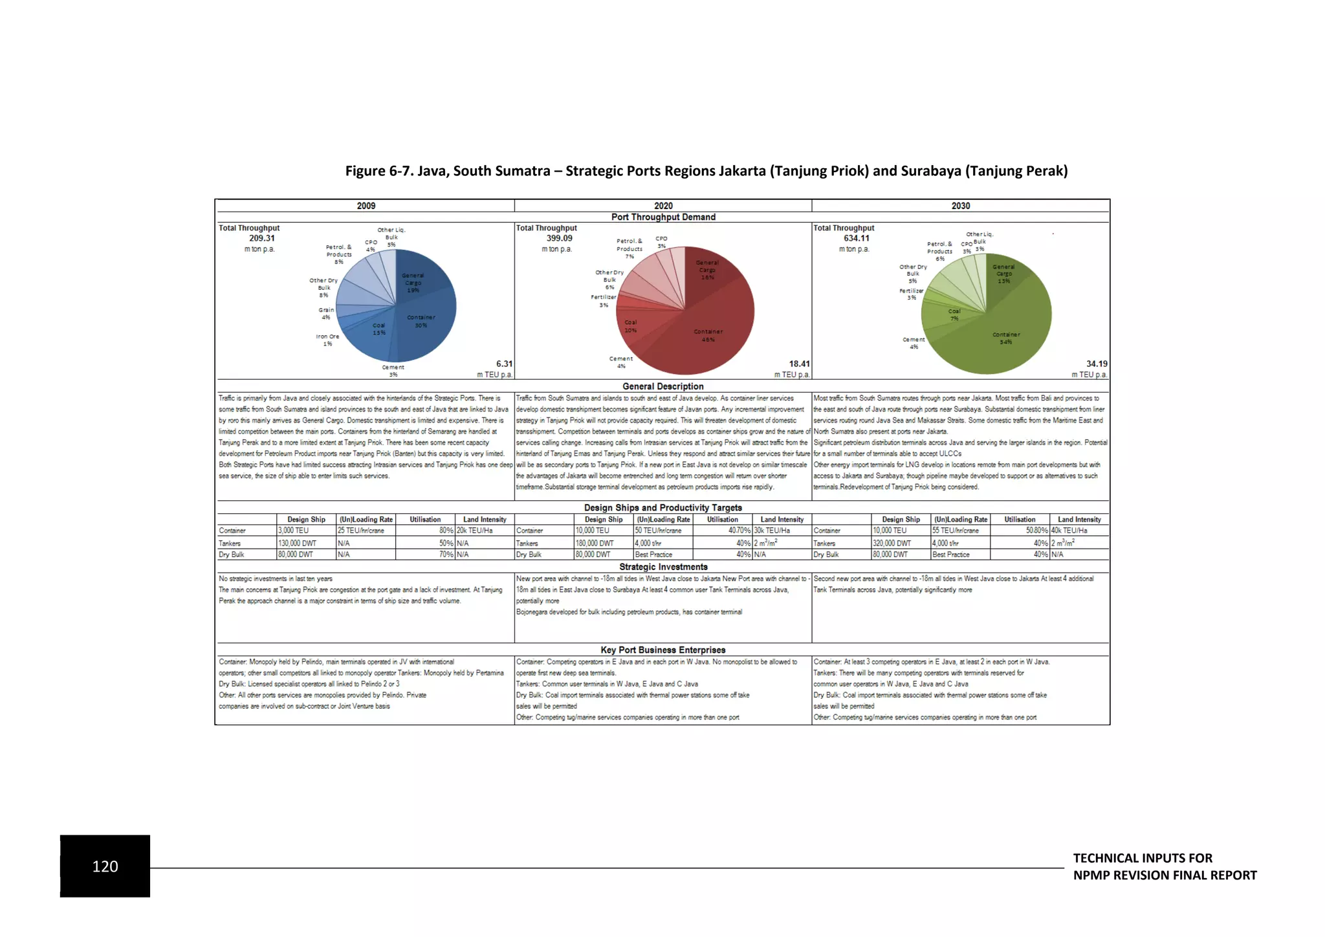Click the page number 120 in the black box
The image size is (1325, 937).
coord(105,866)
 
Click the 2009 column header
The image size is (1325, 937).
coord(366,206)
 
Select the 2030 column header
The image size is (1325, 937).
coord(960,206)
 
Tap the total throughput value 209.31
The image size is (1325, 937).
coord(261,238)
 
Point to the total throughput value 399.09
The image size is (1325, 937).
coord(559,238)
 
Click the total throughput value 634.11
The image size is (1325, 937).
coord(856,238)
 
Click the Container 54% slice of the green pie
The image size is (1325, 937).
coord(1009,330)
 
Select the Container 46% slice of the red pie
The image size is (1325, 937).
coord(712,330)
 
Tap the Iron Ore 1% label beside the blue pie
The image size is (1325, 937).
coord(327,340)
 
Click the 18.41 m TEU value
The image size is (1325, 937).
coord(798,364)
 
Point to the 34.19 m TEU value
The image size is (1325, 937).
coord(1096,364)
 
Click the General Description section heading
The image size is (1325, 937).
coord(662,386)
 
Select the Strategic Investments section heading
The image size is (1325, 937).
coord(662,567)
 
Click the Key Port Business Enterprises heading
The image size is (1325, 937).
coord(662,650)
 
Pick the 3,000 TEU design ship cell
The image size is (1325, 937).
coord(294,531)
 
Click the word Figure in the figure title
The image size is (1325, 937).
coord(365,171)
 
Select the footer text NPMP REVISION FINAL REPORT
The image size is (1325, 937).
coord(1165,876)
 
